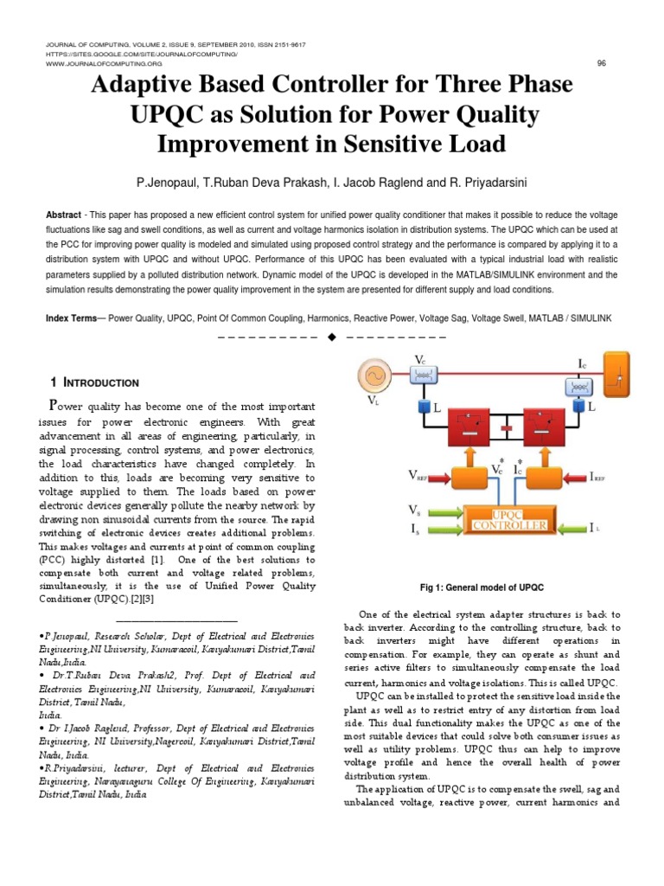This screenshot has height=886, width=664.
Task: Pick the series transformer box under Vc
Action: pos(425,375)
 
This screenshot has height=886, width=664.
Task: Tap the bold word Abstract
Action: pos(65,213)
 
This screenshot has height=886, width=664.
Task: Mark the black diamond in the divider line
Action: pos(331,336)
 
